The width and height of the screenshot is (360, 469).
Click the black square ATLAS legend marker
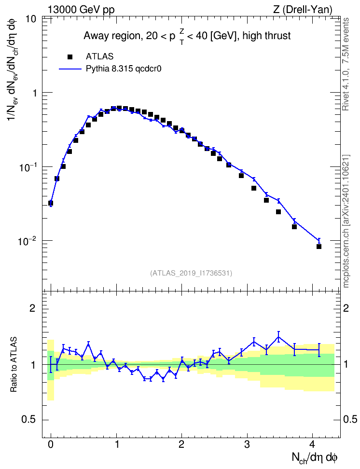coord(70,56)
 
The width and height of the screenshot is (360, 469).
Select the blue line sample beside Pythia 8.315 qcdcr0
coord(70,69)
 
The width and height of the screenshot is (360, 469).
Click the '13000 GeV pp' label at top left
coord(81,10)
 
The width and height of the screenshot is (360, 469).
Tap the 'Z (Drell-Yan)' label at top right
coord(303,10)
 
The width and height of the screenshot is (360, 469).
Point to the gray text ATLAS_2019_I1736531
coord(191,273)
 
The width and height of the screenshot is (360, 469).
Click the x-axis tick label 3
coord(247,444)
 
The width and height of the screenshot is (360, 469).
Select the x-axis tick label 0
coord(51,444)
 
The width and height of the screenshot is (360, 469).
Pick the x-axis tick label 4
coord(312,444)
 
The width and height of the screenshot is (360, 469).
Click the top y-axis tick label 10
coord(30,19)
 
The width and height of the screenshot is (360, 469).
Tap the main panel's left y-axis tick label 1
coord(34,93)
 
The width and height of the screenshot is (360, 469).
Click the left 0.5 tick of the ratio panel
coord(28,420)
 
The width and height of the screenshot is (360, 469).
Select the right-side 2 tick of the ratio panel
coord(346,308)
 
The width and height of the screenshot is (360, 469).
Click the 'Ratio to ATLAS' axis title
coord(14,365)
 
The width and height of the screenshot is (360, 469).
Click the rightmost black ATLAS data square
coord(319,247)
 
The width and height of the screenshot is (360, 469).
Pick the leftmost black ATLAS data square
coord(51,203)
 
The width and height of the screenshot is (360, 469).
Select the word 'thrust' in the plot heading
coord(277,36)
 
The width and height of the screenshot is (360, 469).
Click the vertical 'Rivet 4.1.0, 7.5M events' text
coord(346,64)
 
